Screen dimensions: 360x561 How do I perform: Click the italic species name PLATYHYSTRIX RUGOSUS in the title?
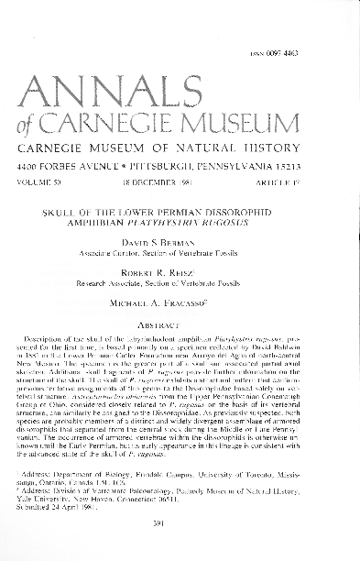(x=219, y=219)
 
